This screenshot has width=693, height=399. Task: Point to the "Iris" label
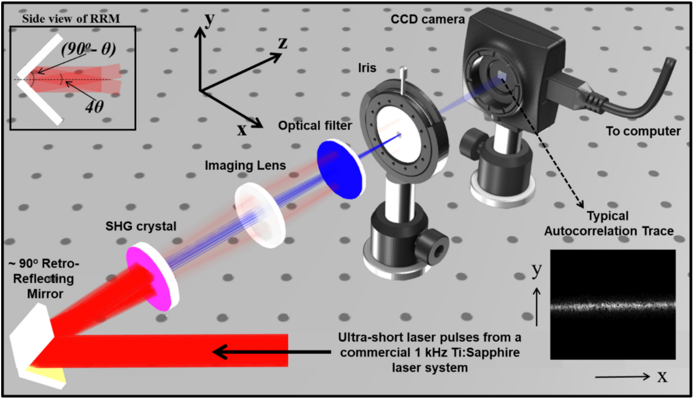367,68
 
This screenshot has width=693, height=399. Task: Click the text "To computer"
643,132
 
